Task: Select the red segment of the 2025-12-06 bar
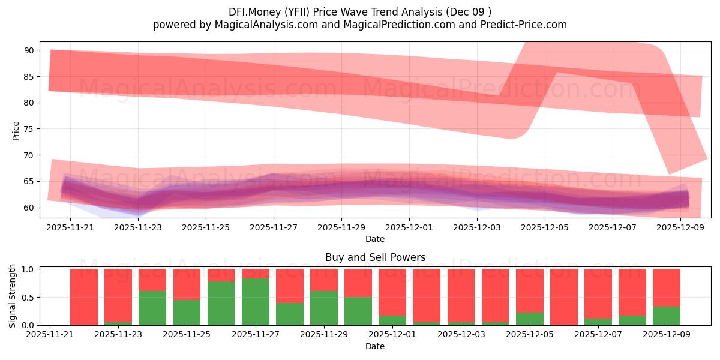[x=564, y=296]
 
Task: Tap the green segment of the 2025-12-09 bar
[x=667, y=316]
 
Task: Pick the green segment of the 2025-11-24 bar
[x=152, y=308]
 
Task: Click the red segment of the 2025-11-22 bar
[x=84, y=296]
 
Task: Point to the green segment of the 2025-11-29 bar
[x=324, y=308]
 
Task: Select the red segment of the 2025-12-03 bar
[x=461, y=295]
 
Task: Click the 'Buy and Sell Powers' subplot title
[x=375, y=257]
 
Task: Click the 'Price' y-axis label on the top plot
[x=16, y=131]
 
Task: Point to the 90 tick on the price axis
[x=29, y=50]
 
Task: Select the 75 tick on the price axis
[x=29, y=129]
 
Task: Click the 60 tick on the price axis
[x=29, y=208]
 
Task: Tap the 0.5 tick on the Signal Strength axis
[x=27, y=297]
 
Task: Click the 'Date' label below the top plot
[x=375, y=239]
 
